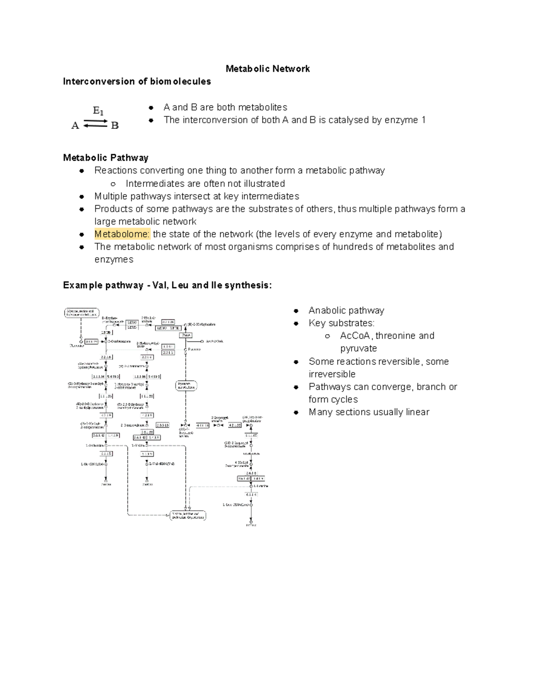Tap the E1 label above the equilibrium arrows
coord(98,110)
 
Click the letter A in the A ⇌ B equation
coord(75,126)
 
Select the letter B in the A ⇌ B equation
coord(115,126)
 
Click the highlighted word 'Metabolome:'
coord(122,234)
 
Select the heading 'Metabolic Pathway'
coord(105,158)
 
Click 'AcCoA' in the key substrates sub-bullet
coord(355,336)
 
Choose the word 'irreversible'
coord(332,374)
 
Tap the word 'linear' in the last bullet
coord(417,412)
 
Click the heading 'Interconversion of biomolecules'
coord(137,81)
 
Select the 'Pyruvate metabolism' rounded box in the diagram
coord(186,386)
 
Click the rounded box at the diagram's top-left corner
coord(81,312)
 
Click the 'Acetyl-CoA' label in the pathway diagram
coord(214,341)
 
